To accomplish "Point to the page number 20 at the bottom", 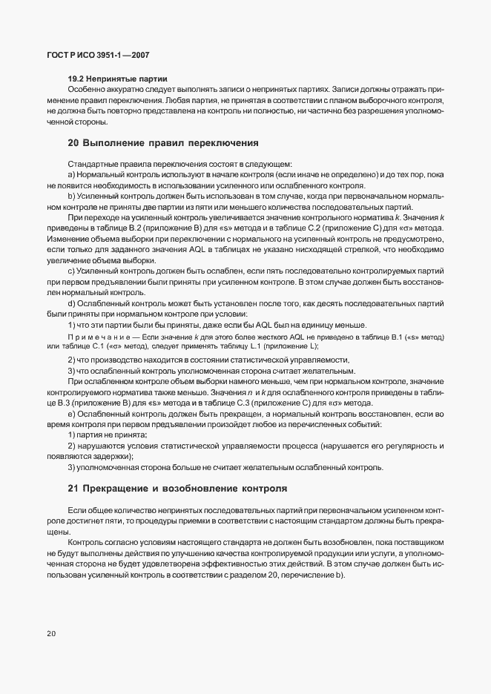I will click(x=50, y=634).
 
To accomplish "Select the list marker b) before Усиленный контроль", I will click(x=71, y=196).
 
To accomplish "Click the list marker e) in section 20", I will click(x=71, y=413).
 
